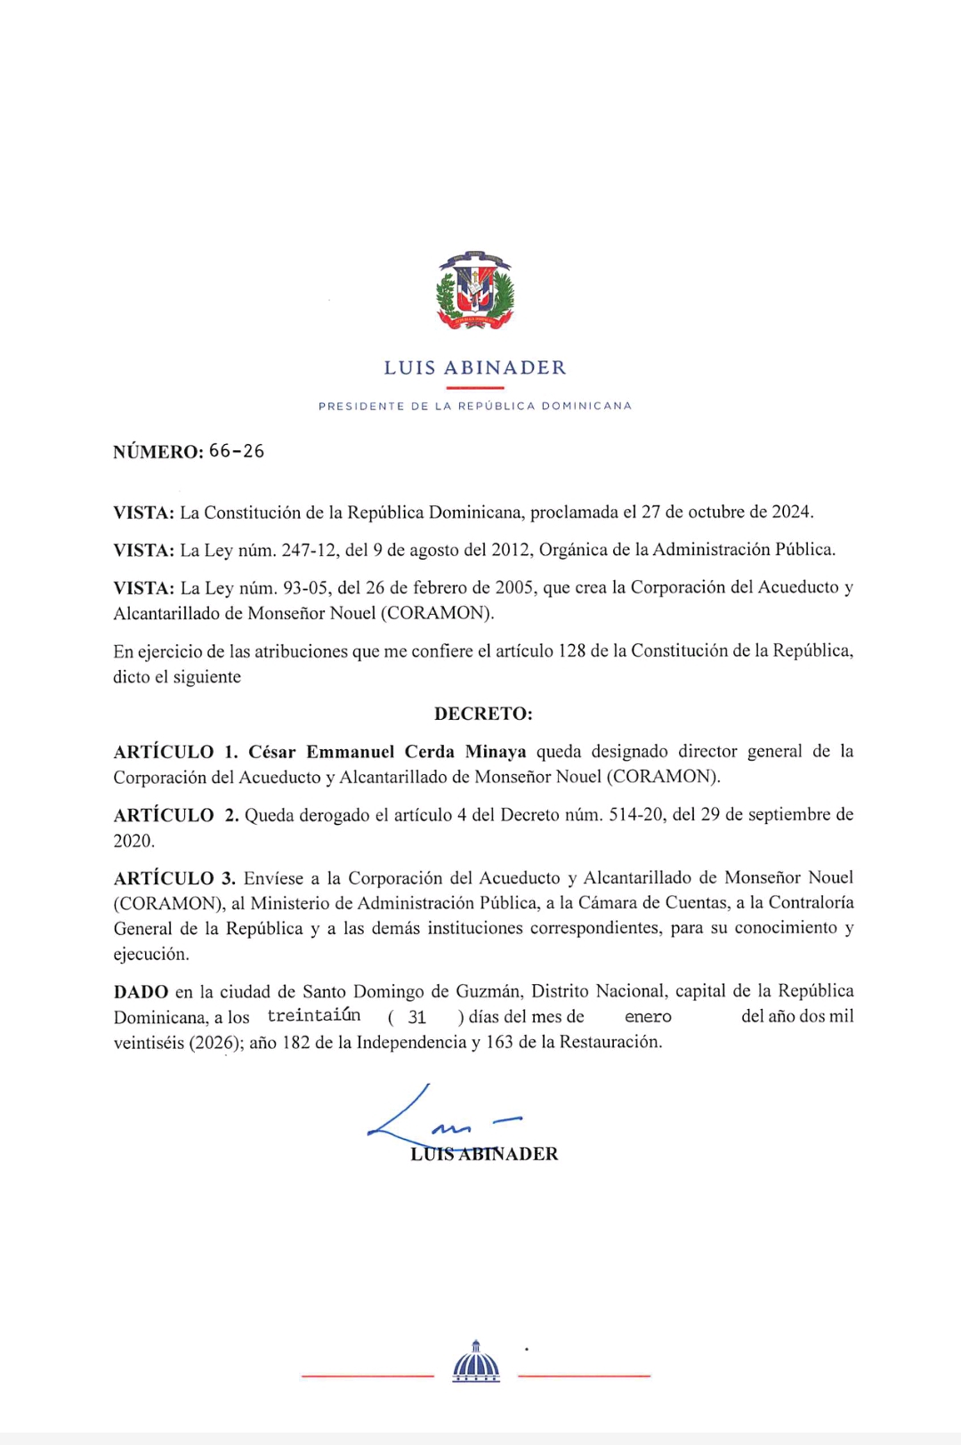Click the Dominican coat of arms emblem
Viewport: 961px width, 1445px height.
(475, 291)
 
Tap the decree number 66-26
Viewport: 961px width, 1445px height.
(237, 451)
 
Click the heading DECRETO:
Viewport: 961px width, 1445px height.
(483, 714)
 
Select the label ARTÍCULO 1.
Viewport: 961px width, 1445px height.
(175, 752)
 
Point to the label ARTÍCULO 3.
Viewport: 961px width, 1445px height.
(174, 878)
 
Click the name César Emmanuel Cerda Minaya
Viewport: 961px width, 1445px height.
(387, 752)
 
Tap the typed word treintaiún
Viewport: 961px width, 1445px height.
(314, 1015)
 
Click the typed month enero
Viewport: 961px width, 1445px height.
(648, 1016)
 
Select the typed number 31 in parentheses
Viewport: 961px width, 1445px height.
(417, 1017)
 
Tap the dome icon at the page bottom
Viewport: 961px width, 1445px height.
(476, 1361)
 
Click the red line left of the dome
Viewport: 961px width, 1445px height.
(367, 1376)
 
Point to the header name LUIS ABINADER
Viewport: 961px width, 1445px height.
(475, 367)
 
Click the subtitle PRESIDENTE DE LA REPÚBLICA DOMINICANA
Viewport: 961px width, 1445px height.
(475, 406)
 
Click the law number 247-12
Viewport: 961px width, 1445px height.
(310, 550)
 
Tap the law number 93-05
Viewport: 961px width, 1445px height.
(305, 587)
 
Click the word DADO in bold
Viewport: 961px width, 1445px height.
(141, 991)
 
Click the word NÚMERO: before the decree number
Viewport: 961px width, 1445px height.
(158, 452)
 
